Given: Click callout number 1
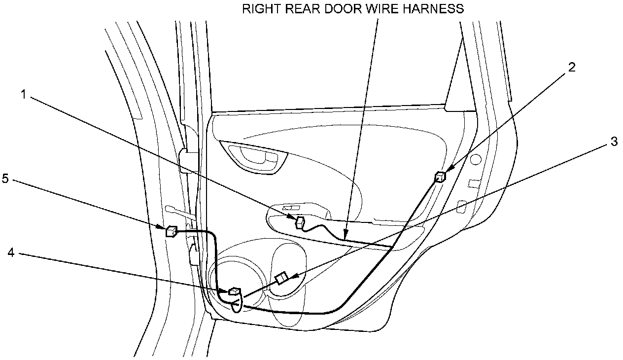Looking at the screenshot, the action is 23,94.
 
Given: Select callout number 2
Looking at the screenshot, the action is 571,67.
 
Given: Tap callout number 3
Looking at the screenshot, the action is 614,142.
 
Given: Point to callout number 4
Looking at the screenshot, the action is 11,252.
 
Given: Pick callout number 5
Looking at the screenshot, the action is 5,179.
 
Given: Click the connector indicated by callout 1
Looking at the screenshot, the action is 299,223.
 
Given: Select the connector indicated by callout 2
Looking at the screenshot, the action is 440,177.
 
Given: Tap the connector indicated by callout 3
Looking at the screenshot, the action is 281,279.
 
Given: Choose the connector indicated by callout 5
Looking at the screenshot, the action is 172,231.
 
